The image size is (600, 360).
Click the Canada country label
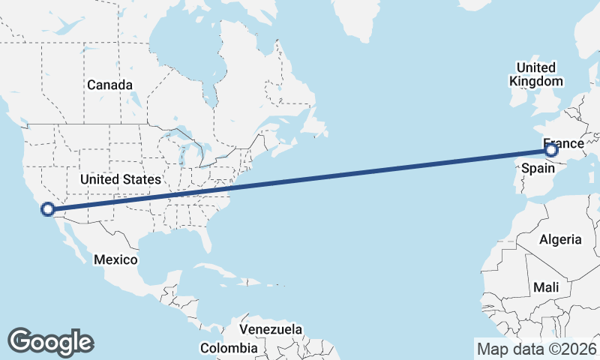point(109,85)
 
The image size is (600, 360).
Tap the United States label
point(121,179)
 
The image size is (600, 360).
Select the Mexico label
point(115,259)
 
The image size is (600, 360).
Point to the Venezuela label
point(271,329)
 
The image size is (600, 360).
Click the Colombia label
point(229,348)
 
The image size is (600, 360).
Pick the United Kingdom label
point(535,74)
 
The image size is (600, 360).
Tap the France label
point(562,142)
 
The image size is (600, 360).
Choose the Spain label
point(538,169)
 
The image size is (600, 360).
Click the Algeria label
point(560,239)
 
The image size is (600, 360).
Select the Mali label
point(545,287)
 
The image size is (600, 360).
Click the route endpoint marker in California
point(48,210)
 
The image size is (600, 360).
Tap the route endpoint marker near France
point(551,151)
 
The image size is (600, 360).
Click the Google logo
point(50,341)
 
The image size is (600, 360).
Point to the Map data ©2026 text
point(537,349)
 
